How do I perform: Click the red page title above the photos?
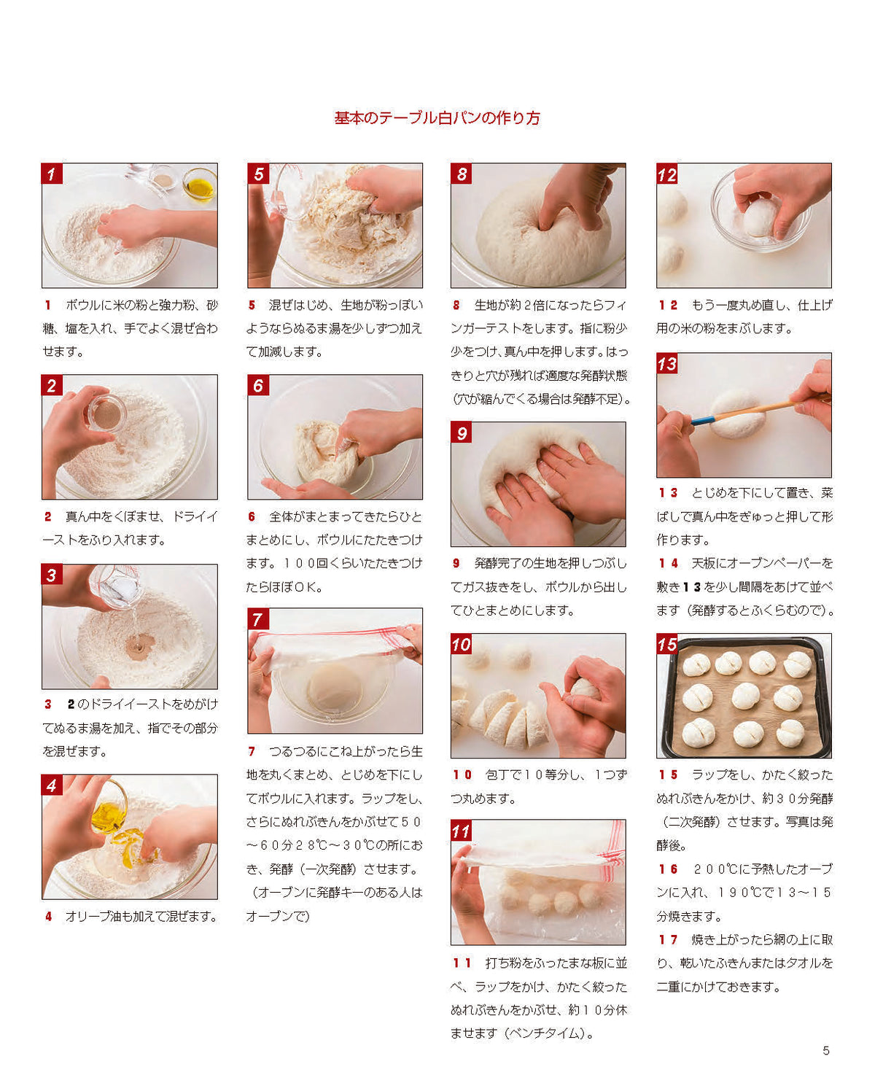(x=437, y=117)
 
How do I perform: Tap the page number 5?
(x=825, y=1050)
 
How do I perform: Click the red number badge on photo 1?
(x=51, y=174)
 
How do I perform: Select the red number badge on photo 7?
(x=258, y=618)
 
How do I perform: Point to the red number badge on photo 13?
(x=666, y=363)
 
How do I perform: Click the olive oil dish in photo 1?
(x=199, y=185)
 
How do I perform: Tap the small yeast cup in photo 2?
(x=106, y=414)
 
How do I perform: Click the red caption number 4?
(x=48, y=916)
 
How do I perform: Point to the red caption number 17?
(x=668, y=939)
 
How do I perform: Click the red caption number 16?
(x=668, y=869)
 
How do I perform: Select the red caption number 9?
(x=456, y=563)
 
